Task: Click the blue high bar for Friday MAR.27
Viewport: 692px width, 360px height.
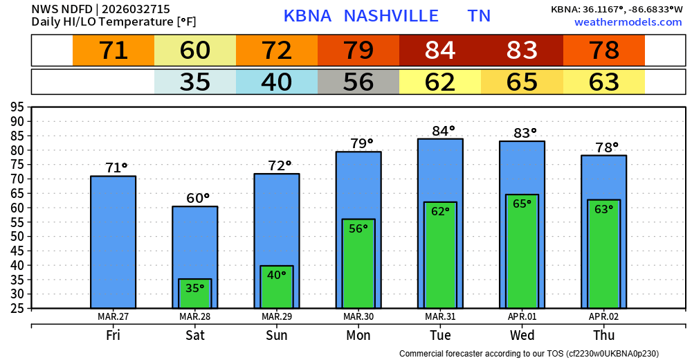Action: [113, 242]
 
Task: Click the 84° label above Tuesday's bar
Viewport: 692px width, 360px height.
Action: [440, 130]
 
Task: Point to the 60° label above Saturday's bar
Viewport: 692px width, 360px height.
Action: [198, 198]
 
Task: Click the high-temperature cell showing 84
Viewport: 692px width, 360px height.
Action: [440, 51]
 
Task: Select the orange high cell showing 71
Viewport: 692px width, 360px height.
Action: [113, 51]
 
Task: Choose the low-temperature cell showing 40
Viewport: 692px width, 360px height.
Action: [277, 82]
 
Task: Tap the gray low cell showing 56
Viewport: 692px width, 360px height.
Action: [358, 82]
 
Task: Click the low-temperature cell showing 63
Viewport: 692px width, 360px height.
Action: [603, 82]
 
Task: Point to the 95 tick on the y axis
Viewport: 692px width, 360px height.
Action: [17, 107]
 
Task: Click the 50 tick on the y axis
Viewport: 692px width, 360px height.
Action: [17, 236]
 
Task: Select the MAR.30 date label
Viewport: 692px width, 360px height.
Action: [358, 316]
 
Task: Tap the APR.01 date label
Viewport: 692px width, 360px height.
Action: [522, 316]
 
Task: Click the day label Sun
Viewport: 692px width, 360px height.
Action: [277, 336]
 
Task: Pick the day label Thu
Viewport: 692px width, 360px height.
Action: [603, 336]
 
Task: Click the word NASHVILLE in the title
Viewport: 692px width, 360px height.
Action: [391, 16]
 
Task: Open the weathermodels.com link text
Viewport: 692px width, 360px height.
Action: [628, 22]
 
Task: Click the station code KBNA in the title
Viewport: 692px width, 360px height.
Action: [307, 16]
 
